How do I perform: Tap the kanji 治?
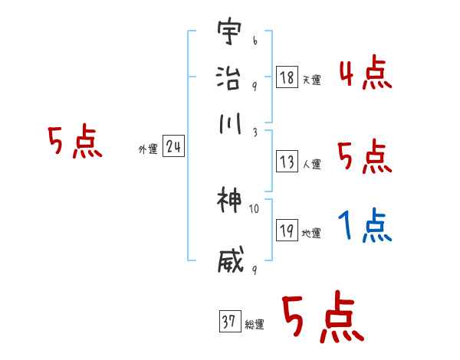tap(229, 79)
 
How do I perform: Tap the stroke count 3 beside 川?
tap(254, 132)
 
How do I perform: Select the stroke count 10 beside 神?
tap(255, 208)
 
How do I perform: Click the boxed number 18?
tap(287, 77)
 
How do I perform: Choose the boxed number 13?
tap(287, 162)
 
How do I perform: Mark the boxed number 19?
tap(287, 231)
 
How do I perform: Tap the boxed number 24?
tap(172, 146)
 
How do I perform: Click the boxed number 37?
tap(229, 322)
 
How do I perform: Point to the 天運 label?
tap(311, 80)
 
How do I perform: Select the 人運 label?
tap(311, 164)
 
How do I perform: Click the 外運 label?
tap(147, 149)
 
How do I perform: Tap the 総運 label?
tap(255, 325)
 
